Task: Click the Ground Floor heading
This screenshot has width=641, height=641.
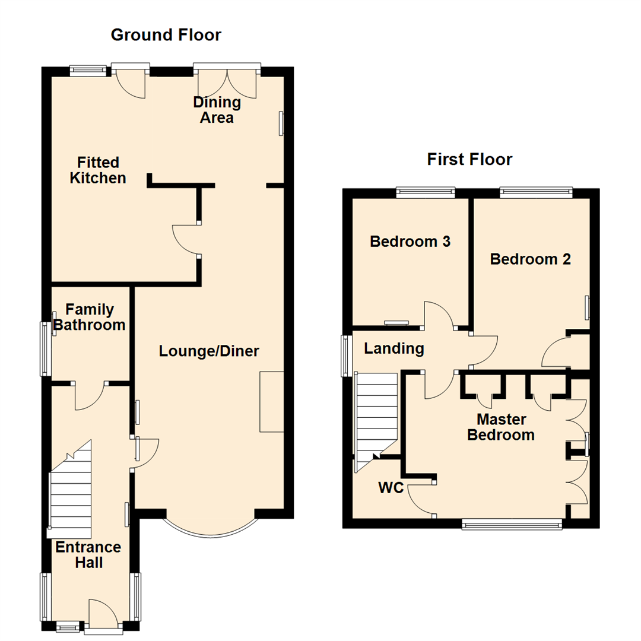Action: [166, 35]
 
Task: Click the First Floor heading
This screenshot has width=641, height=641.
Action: [469, 159]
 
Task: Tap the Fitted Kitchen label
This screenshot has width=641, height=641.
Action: [98, 170]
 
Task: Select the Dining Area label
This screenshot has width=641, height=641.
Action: [217, 110]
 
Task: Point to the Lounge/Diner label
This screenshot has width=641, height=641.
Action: [209, 351]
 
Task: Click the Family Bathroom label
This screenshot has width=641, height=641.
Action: [89, 317]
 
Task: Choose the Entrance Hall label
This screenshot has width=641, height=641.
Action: [88, 554]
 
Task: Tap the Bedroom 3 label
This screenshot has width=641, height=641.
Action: [410, 242]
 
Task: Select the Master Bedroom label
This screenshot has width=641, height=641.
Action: [501, 427]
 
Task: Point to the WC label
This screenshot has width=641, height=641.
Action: [391, 488]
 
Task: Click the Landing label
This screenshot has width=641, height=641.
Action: [394, 348]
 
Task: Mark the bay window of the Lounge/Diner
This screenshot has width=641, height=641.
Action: [211, 527]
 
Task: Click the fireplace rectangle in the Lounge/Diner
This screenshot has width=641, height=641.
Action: [271, 402]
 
